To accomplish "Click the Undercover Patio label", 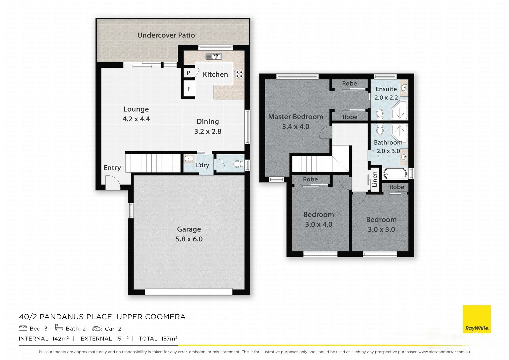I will [166, 35].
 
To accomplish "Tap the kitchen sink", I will [213, 57].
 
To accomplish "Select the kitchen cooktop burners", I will [239, 74].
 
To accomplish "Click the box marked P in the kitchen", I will [188, 73].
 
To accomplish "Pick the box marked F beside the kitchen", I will [189, 89].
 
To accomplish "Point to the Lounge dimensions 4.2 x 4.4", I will [136, 119].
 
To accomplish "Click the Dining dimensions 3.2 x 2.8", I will [208, 131].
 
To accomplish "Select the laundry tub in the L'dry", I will [189, 159].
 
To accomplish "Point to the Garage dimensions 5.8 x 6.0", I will [189, 239].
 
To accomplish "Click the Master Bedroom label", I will [296, 117].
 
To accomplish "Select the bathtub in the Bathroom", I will [395, 174].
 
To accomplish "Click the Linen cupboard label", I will [375, 179].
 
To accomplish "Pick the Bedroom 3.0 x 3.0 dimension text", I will [381, 229].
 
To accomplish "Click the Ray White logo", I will [477, 319].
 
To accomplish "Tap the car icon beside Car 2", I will [97, 329].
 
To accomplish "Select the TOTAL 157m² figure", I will [158, 339].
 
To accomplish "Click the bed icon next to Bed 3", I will [23, 328].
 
